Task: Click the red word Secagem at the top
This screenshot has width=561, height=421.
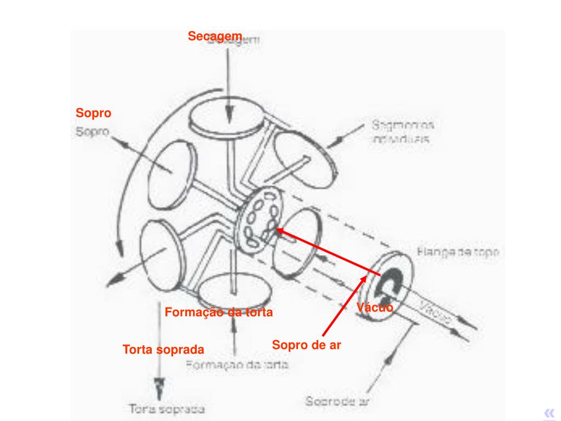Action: [x=215, y=36]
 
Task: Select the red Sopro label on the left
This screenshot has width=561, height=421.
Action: [x=93, y=113]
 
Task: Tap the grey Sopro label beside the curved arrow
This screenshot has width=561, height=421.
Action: [x=93, y=132]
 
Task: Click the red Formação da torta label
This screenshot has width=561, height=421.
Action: [x=218, y=312]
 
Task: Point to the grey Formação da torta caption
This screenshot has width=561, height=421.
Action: [x=237, y=365]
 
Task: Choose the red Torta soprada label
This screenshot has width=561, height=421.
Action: [x=163, y=349]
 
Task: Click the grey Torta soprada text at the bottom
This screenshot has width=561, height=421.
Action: [x=167, y=409]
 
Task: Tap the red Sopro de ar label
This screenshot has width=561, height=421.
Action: [x=307, y=345]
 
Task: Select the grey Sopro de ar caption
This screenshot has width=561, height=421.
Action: [x=336, y=401]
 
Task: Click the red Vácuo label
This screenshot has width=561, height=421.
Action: [x=375, y=308]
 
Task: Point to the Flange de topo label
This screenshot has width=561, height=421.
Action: [x=457, y=253]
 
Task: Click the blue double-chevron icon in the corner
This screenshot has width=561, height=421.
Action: [x=549, y=413]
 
